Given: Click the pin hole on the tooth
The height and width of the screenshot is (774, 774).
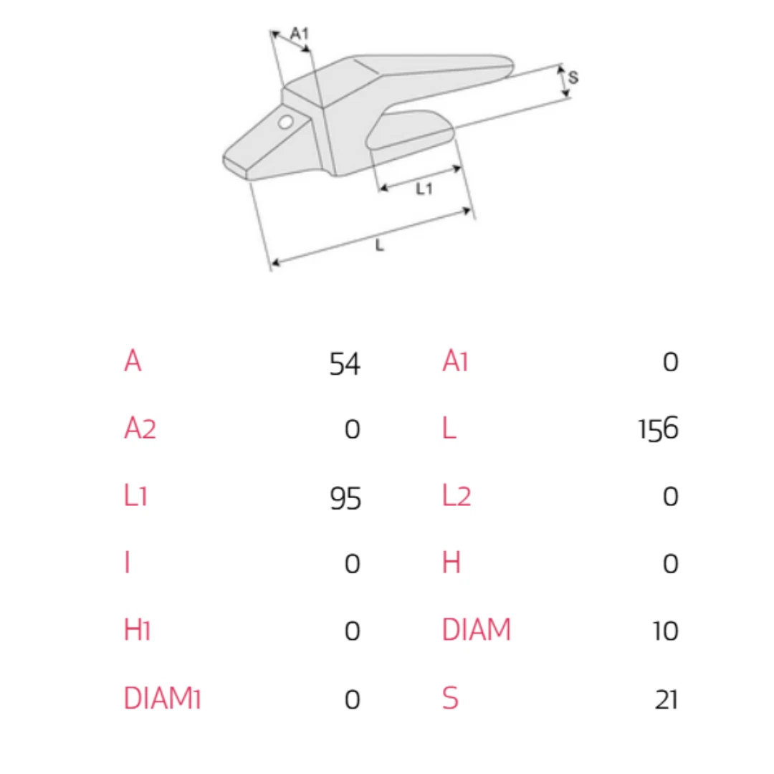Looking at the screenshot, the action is point(285,122).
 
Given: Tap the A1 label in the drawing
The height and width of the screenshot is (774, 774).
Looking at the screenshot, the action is point(300,34).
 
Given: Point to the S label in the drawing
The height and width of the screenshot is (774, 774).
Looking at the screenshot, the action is point(573,77).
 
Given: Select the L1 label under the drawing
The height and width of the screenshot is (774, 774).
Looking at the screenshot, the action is point(424,188).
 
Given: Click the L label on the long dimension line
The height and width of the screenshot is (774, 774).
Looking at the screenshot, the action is point(379,245).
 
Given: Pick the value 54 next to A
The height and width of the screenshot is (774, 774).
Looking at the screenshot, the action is point(345,364).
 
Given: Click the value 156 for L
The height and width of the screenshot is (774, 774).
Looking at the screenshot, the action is point(659,429).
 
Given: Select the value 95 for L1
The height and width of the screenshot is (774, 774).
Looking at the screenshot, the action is point(345,497).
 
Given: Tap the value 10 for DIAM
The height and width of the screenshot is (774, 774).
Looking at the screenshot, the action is point(665,631).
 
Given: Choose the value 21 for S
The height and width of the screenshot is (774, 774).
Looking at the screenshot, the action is point(666,699).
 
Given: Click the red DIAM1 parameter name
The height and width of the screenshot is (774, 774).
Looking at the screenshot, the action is point(162,698).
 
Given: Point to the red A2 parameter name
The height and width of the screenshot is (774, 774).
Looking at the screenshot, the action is point(140,427).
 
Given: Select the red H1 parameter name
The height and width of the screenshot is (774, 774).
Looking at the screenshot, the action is point(137,630).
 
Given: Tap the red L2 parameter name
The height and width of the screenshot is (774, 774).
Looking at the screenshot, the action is point(457,496).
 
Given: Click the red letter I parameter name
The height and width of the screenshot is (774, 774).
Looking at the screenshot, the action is point(128,563).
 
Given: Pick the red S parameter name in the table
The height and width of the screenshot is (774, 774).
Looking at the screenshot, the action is point(450,698).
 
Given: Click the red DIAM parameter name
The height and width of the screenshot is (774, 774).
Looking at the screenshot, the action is point(477,630).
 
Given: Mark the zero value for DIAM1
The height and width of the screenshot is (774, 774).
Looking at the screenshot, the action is point(352,699).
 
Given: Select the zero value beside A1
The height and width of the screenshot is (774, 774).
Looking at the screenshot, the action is point(670,362).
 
